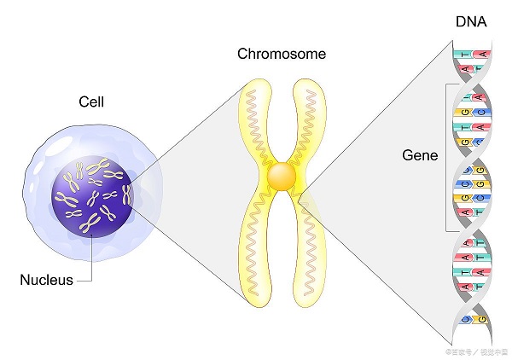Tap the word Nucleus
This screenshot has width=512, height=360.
click(x=47, y=279)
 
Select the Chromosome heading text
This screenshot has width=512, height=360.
click(x=281, y=55)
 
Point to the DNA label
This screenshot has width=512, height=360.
click(x=470, y=21)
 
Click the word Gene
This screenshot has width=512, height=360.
click(x=420, y=156)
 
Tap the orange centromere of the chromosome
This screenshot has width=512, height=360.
click(x=282, y=176)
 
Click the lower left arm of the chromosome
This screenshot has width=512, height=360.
click(x=253, y=247)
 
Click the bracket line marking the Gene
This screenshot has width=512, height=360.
click(x=445, y=158)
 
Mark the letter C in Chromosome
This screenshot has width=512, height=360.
click(x=242, y=55)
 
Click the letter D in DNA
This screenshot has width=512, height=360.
click(x=460, y=21)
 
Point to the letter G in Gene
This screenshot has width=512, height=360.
click(x=408, y=156)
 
